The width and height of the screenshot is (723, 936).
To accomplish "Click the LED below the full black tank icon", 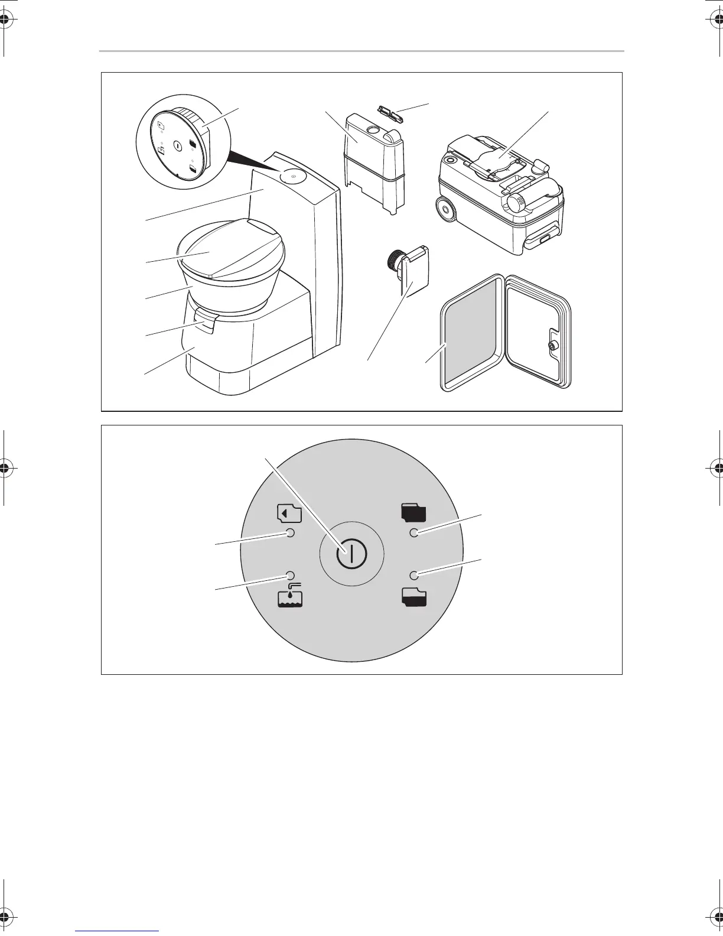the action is click(x=414, y=533).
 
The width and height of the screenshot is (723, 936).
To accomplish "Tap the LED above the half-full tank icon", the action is click(x=414, y=575).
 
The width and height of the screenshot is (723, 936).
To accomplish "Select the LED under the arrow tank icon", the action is click(x=290, y=533).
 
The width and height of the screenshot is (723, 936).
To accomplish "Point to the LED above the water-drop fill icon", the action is click(x=290, y=575).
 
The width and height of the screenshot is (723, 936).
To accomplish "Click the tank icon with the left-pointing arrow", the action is click(x=289, y=513).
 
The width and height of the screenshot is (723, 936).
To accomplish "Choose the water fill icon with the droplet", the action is click(x=289, y=597).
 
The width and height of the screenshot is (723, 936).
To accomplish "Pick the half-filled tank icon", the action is click(x=415, y=598).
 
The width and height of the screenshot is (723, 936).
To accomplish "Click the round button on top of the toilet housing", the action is click(x=291, y=175).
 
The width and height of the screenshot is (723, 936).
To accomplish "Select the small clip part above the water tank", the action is click(x=390, y=112).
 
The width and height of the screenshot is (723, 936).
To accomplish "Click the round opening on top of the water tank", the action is click(x=373, y=129).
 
